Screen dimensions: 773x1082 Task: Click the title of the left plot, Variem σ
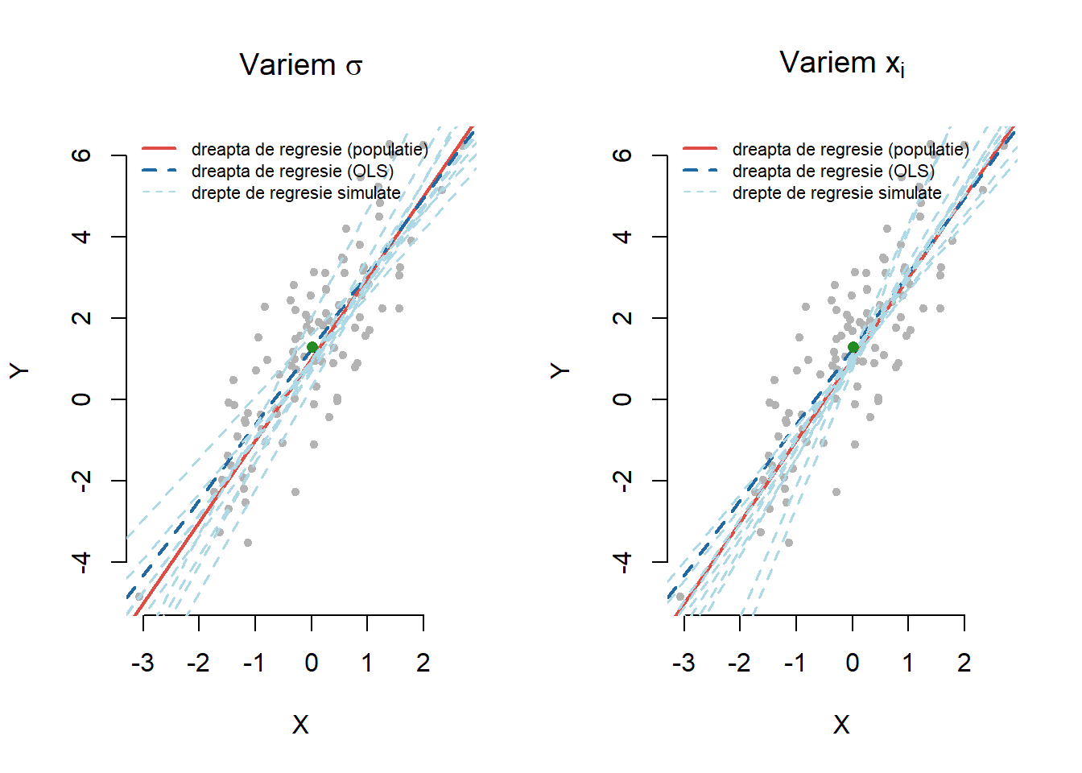tap(300, 64)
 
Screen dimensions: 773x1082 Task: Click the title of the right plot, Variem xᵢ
tap(841, 63)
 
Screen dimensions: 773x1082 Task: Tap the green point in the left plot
tap(312, 347)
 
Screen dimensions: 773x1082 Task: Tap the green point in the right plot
tap(853, 347)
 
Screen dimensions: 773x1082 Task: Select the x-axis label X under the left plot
tap(300, 725)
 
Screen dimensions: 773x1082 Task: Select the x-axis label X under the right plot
tap(841, 725)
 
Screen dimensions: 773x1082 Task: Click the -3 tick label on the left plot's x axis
tap(142, 663)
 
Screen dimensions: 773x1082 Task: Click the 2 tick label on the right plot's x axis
tap(964, 663)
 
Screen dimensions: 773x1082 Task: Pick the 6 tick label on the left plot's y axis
tap(81, 155)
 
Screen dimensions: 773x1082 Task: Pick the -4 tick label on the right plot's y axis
tap(622, 560)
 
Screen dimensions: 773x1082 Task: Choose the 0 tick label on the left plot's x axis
tap(312, 663)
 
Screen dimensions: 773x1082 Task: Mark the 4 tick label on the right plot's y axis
tap(622, 236)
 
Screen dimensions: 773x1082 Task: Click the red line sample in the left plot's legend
tap(159, 149)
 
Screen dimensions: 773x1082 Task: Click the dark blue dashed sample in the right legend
tap(700, 171)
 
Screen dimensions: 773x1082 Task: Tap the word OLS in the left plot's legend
tap(372, 171)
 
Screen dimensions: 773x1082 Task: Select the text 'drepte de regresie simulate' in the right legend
tap(836, 193)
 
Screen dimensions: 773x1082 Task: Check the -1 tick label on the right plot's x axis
tap(795, 663)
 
